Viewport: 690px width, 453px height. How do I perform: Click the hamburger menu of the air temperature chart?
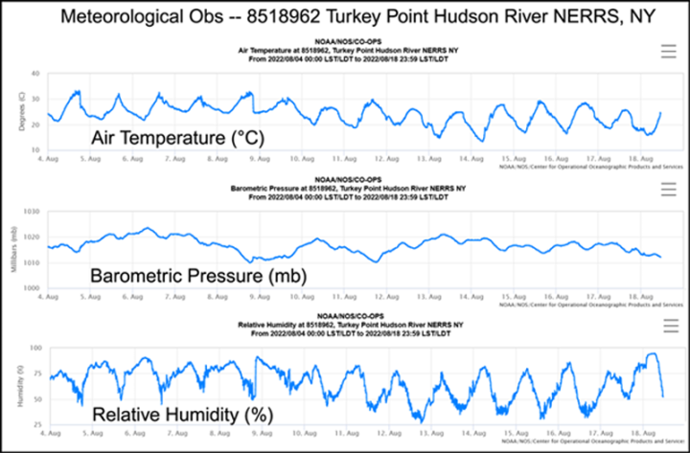pyautogui.click(x=668, y=52)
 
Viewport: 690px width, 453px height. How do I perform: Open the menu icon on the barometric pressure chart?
pyautogui.click(x=668, y=190)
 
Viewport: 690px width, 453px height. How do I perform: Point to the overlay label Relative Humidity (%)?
pyautogui.click(x=182, y=415)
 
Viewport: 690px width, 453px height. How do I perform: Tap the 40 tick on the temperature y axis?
pyautogui.click(x=35, y=74)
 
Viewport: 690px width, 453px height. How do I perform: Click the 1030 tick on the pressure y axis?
pyautogui.click(x=33, y=212)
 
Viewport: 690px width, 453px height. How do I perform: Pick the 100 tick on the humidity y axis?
pyautogui.click(x=34, y=349)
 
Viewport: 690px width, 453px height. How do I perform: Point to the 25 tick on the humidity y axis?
pyautogui.click(x=36, y=424)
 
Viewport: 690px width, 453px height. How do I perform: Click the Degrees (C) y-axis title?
pyautogui.click(x=20, y=110)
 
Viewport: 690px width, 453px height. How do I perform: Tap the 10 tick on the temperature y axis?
pyautogui.click(x=35, y=150)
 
